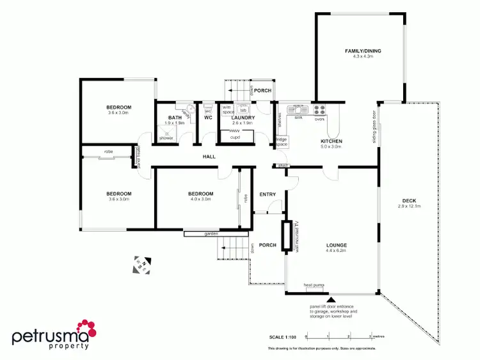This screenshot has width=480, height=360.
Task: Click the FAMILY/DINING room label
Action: [358, 51]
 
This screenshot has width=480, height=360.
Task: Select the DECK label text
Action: [410, 200]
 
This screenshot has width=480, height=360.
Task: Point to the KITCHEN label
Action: [332, 141]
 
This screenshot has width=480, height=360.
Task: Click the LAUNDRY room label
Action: [243, 118]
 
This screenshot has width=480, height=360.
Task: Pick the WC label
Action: [208, 118]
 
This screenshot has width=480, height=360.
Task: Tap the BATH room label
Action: [175, 118]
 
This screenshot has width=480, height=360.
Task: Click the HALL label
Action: [209, 156]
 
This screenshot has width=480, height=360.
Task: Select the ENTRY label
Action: [268, 194]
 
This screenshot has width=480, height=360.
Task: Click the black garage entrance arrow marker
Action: [331, 298]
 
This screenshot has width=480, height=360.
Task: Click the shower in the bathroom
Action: [166, 134]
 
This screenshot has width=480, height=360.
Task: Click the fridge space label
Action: [282, 141]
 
